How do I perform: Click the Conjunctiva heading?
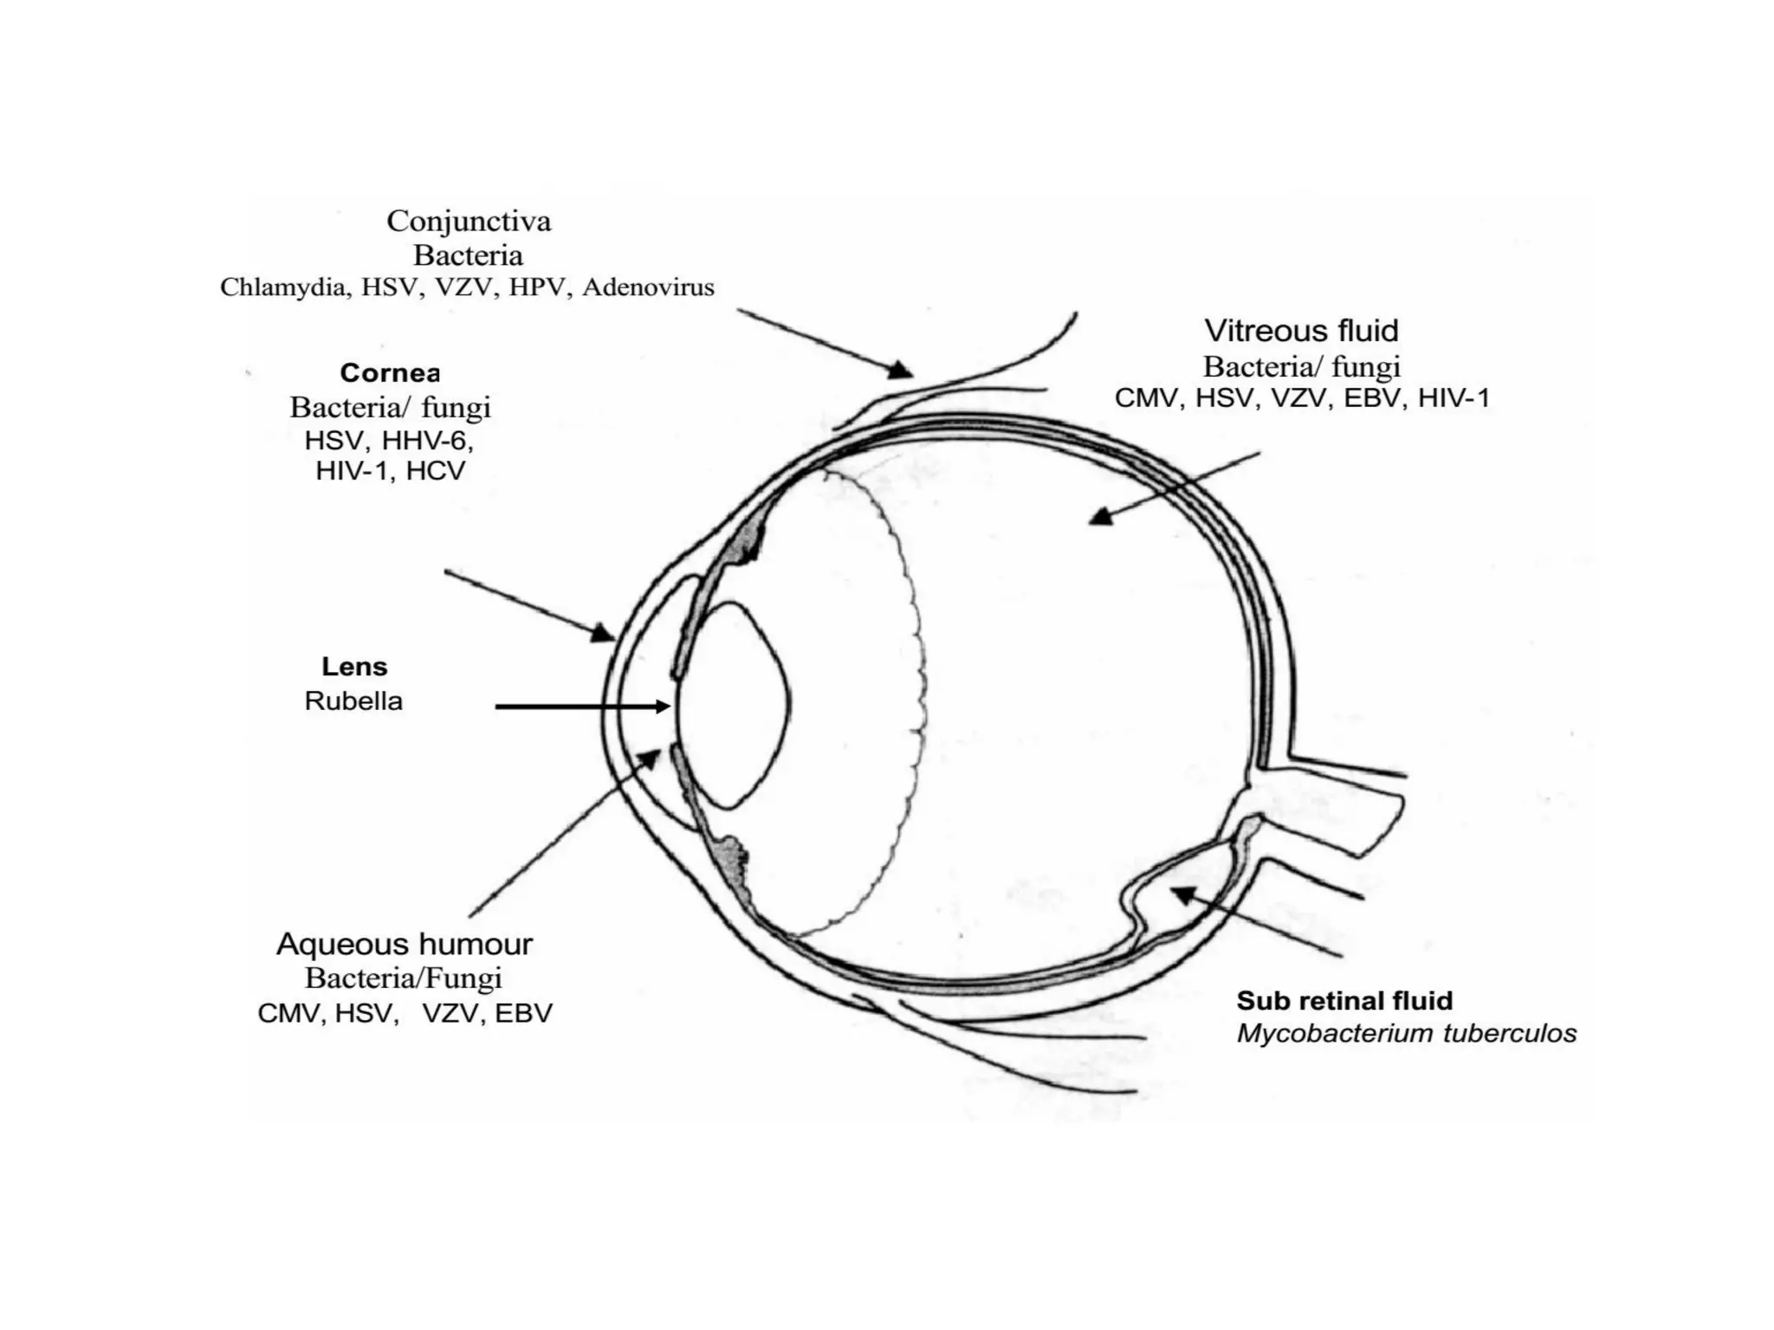(469, 222)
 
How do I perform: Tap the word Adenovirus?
(648, 287)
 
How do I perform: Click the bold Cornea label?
(390, 373)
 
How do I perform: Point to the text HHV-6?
(427, 441)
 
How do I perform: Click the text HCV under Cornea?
(436, 471)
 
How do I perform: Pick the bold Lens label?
(354, 667)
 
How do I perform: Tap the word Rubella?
(353, 701)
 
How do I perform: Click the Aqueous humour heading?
(405, 944)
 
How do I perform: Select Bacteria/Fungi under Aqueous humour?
(404, 978)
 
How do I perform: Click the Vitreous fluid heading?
(1301, 331)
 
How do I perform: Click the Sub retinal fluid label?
(1344, 1001)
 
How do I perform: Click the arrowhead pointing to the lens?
(663, 707)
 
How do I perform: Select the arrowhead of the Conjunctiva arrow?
(901, 371)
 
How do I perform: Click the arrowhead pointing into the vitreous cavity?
(1100, 517)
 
